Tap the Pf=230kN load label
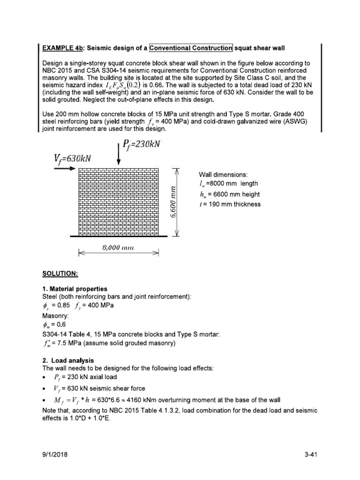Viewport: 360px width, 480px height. click(140, 145)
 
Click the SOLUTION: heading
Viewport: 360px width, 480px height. click(59, 273)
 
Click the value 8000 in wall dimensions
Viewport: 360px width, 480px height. click(218, 183)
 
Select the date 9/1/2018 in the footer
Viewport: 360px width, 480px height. click(55, 455)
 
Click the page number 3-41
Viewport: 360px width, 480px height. click(310, 455)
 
